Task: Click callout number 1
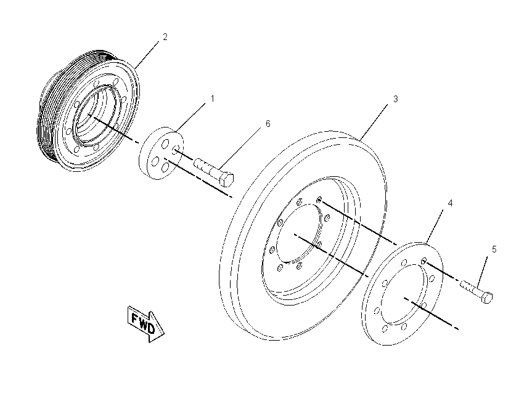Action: coord(212,99)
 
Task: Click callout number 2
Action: coord(165,37)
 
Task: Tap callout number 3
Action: coord(396,99)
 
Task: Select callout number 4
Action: coord(450,203)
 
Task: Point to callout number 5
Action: coord(494,249)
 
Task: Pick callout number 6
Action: coord(268,124)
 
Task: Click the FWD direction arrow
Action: coord(145,323)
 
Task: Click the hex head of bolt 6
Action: coord(227,179)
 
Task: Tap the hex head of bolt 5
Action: coord(487,297)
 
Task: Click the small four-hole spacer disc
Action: coord(161,153)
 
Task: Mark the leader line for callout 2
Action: coord(147,54)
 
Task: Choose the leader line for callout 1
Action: coord(190,118)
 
